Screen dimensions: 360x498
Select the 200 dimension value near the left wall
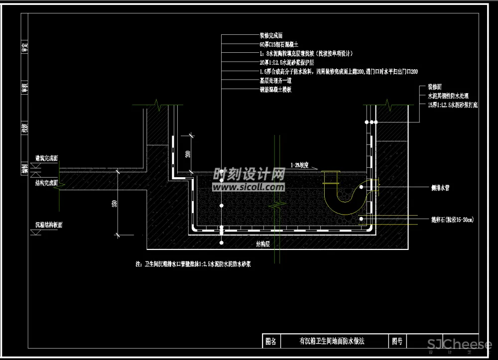pyautogui.click(x=188, y=153)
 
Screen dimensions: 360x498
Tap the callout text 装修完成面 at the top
pyautogui.click(x=271, y=36)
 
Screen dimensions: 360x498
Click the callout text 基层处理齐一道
pyautogui.click(x=275, y=80)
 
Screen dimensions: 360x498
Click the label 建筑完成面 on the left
pyautogui.click(x=46, y=158)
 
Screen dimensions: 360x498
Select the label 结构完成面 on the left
pyautogui.click(x=46, y=183)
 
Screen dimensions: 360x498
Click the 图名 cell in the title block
pyautogui.click(x=271, y=342)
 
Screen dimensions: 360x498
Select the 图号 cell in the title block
pyautogui.click(x=397, y=342)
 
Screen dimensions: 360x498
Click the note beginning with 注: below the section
pyautogui.click(x=193, y=264)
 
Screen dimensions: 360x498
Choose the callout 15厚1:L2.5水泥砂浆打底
pyautogui.click(x=453, y=105)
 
